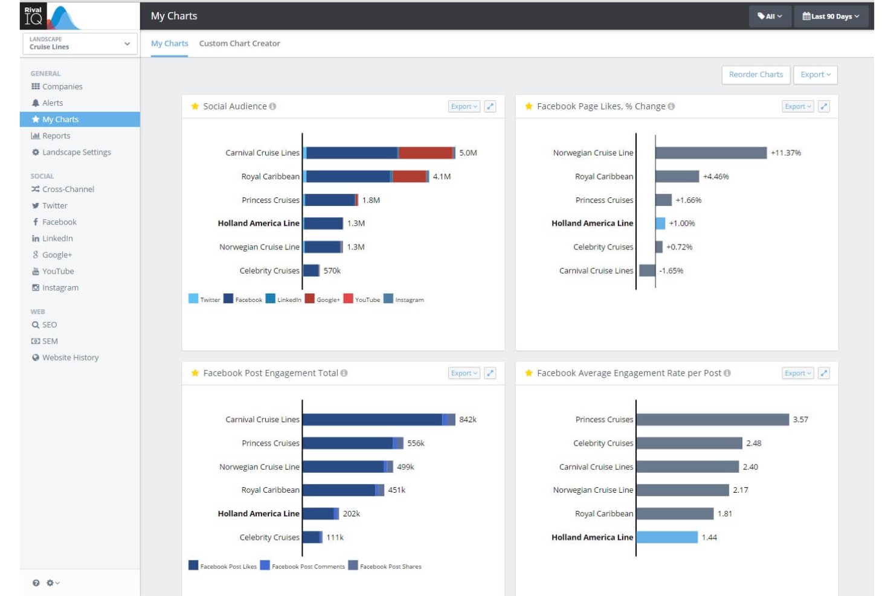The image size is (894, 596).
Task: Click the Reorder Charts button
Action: [x=756, y=75]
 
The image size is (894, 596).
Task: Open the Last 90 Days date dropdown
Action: [x=831, y=16]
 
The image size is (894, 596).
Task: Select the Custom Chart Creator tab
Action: [x=239, y=43]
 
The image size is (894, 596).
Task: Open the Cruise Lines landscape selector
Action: [x=80, y=43]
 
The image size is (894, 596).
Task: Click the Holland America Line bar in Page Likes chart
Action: [x=660, y=223]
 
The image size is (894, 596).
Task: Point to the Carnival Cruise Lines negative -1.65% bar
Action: [x=647, y=271]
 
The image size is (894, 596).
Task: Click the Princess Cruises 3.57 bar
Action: [x=712, y=419]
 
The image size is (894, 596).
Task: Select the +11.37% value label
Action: [x=785, y=153]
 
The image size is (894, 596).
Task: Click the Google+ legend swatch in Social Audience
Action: [x=309, y=299]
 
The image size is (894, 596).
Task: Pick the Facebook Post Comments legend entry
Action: [x=303, y=566]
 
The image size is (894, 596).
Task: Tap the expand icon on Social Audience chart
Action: [x=490, y=106]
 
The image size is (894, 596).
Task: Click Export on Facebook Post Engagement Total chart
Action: [x=464, y=373]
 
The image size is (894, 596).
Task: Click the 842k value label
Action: [x=468, y=419]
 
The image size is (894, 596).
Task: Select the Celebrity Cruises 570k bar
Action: [x=311, y=271]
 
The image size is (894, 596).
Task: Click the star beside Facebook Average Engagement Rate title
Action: [x=529, y=373]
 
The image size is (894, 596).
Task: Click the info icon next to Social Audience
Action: [x=272, y=106]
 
